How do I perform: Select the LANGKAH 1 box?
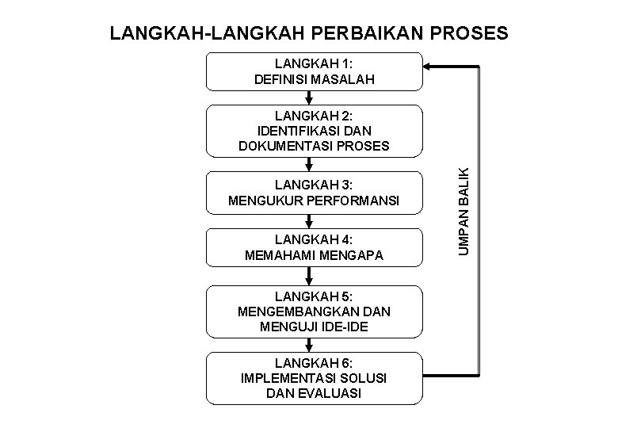pyautogui.click(x=315, y=71)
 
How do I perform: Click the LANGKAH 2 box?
pyautogui.click(x=315, y=130)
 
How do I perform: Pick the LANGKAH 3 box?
pyautogui.click(x=315, y=193)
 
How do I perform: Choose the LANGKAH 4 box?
pyautogui.click(x=315, y=247)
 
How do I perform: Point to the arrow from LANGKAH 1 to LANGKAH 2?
pyautogui.click(x=309, y=97)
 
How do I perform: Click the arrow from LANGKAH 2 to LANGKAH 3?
pyautogui.click(x=309, y=163)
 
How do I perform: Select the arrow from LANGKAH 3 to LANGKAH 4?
pyautogui.click(x=309, y=221)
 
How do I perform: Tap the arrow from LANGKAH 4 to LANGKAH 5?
pyautogui.click(x=309, y=276)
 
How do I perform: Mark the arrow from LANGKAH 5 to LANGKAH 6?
pyautogui.click(x=309, y=342)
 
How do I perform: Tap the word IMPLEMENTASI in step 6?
pyautogui.click(x=280, y=377)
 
